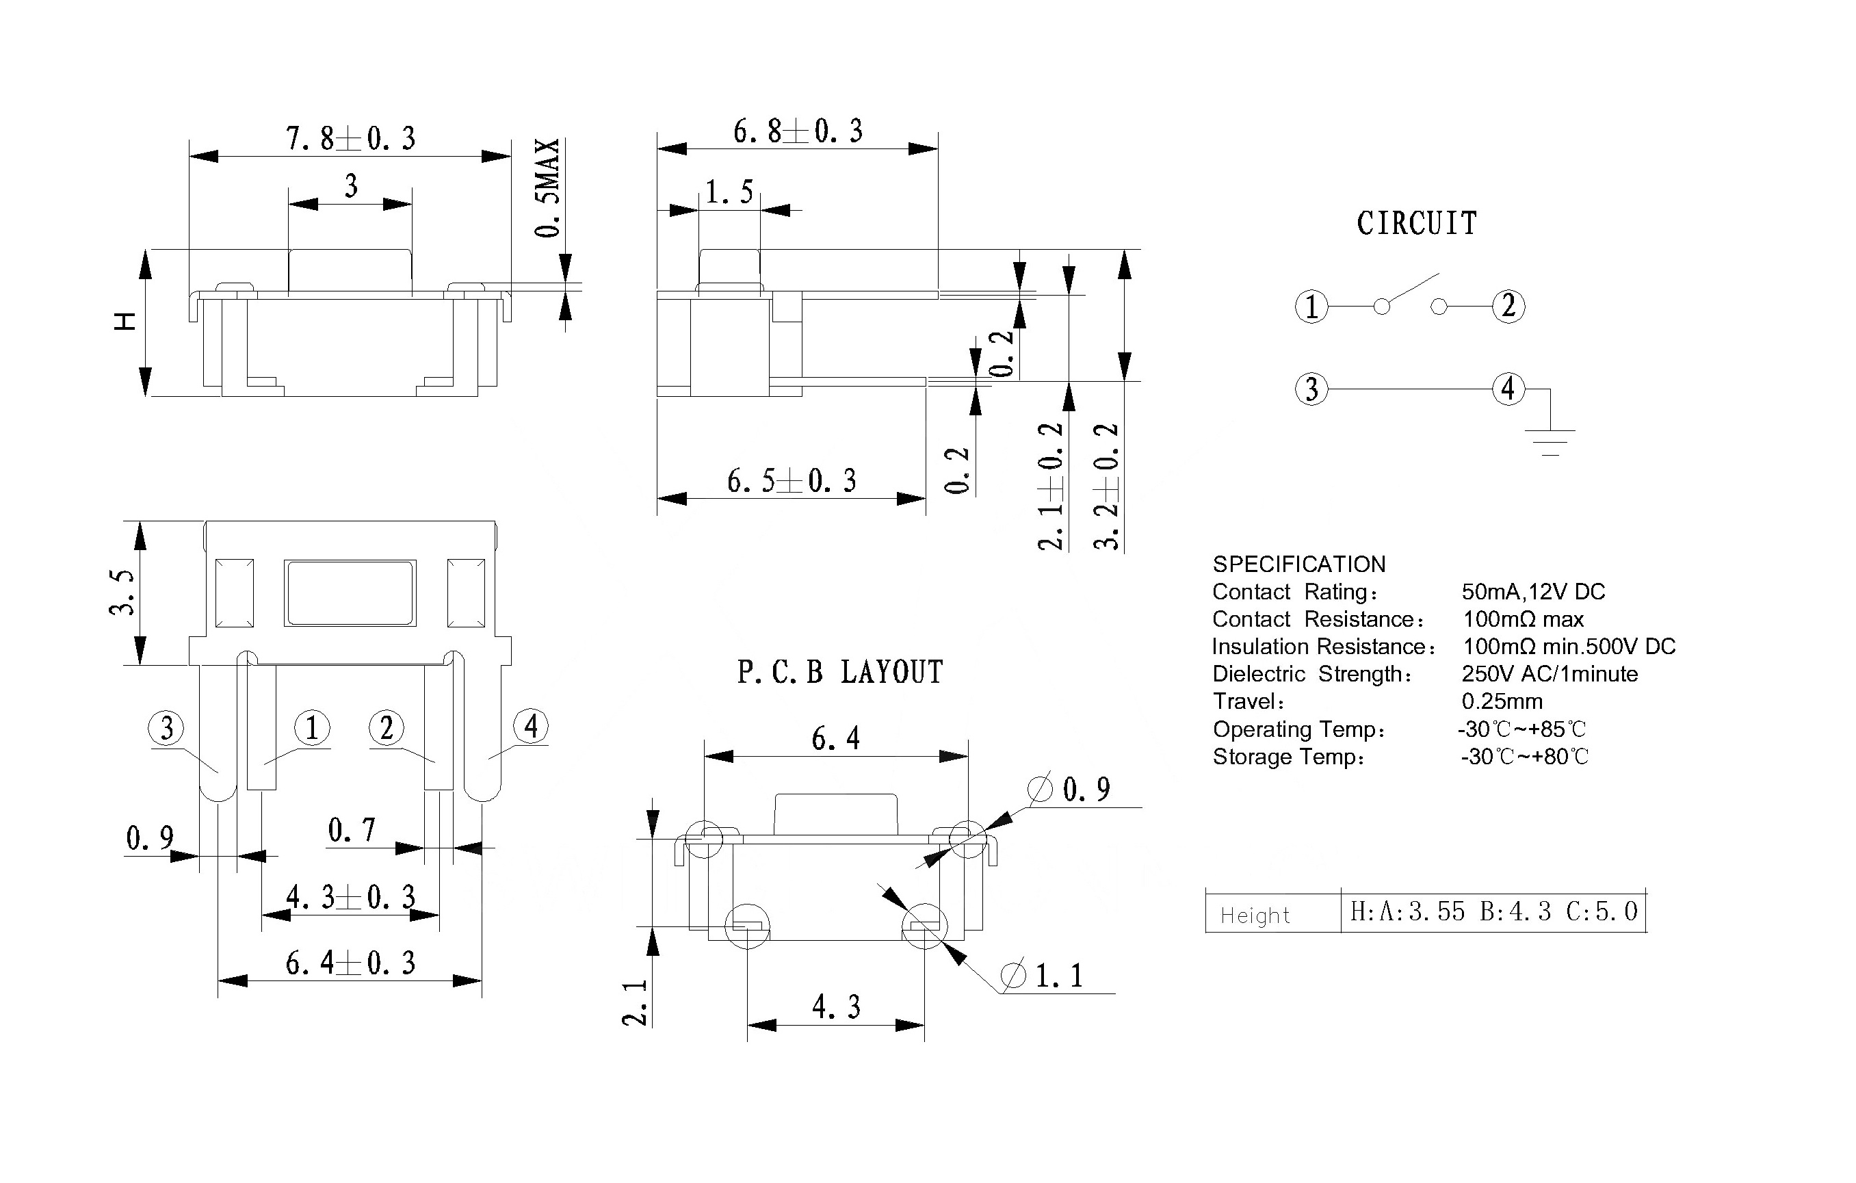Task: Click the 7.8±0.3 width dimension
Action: pos(351,139)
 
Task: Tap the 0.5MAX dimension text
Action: pos(547,188)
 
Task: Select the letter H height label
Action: pos(125,322)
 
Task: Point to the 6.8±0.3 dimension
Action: pos(797,132)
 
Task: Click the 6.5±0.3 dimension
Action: pos(792,481)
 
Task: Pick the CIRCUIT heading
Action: pos(1417,224)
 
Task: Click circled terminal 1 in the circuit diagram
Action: pos(1311,307)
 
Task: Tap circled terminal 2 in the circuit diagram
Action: pos(1508,306)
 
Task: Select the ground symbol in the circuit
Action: pos(1551,441)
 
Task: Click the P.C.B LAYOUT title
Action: pos(840,673)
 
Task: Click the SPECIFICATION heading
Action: pos(1298,564)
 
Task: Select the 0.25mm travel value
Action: pos(1502,701)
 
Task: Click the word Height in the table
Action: pos(1255,915)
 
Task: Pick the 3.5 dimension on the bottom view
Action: pos(122,592)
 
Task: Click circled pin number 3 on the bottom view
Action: pos(166,728)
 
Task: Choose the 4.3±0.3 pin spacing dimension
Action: pos(351,897)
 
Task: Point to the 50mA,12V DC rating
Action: pos(1533,592)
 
